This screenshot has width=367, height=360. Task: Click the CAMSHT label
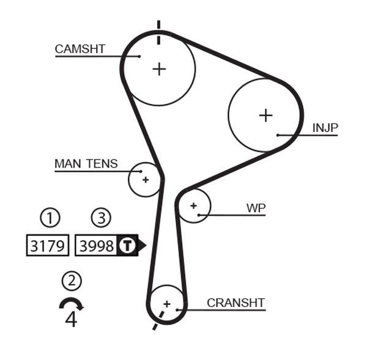pyautogui.click(x=80, y=49)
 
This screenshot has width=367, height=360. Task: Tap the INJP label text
pyautogui.click(x=325, y=128)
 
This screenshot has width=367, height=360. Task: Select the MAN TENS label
pyautogui.click(x=86, y=164)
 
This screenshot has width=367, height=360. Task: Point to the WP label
pyautogui.click(x=256, y=208)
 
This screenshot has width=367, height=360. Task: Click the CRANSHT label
pyautogui.click(x=235, y=303)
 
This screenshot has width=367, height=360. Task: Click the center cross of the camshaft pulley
pyautogui.click(x=159, y=68)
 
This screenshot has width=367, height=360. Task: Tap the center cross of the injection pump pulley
pyautogui.click(x=265, y=115)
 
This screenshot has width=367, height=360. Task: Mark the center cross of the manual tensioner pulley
pyautogui.click(x=146, y=180)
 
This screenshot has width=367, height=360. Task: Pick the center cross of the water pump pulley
pyautogui.click(x=194, y=205)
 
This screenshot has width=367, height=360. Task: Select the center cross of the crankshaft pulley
pyautogui.click(x=166, y=303)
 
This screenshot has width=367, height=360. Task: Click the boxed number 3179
pyautogui.click(x=47, y=246)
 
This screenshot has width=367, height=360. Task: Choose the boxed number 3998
pyautogui.click(x=97, y=246)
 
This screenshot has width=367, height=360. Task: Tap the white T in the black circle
pyautogui.click(x=127, y=246)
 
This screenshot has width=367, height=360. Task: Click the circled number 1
pyautogui.click(x=50, y=218)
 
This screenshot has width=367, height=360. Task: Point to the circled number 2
pyautogui.click(x=72, y=281)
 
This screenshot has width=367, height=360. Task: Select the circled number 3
pyautogui.click(x=101, y=218)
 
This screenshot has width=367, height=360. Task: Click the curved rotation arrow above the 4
pyautogui.click(x=71, y=303)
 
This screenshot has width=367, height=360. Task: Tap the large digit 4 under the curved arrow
pyautogui.click(x=71, y=319)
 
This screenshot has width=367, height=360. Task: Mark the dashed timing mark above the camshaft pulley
pyautogui.click(x=159, y=32)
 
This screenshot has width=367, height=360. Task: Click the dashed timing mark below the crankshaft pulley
pyautogui.click(x=158, y=321)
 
